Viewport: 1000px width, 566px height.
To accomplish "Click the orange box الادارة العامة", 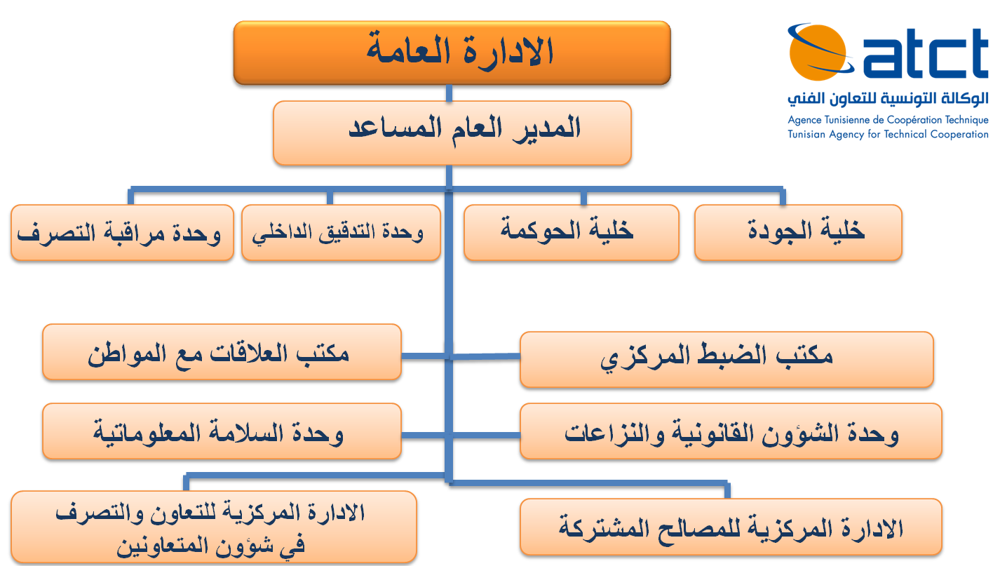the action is coord(452,53).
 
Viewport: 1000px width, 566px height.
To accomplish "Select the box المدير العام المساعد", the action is coord(452,133).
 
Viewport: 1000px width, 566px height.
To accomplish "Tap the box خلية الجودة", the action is coord(798,233).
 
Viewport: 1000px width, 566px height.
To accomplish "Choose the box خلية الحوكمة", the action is coord(572,233).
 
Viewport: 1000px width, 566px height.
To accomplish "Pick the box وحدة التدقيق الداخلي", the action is coord(341,233).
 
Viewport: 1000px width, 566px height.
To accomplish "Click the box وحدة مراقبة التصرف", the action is coord(122,233).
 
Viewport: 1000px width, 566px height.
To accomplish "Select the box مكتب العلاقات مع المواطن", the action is coord(222,352).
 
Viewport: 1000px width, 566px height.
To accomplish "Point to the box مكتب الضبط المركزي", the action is coord(727,359).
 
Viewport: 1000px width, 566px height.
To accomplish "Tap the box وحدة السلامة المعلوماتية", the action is coord(222,431).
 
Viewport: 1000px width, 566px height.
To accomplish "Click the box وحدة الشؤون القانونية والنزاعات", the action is coord(731,431).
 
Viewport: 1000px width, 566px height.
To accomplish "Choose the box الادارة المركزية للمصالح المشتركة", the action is coord(731,527).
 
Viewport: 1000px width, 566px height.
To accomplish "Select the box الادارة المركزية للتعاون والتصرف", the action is coord(214,527).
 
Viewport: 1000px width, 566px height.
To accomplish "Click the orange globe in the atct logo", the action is coord(818,53).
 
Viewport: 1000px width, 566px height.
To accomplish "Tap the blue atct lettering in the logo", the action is coord(926,53).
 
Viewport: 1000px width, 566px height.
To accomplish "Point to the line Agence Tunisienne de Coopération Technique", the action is coord(888,120).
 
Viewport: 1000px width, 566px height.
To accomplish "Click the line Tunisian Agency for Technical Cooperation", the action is coord(888,135).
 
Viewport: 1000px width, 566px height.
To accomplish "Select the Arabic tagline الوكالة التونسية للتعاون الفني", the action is coord(888,98).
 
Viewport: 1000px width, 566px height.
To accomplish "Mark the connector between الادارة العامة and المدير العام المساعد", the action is coord(449,93).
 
